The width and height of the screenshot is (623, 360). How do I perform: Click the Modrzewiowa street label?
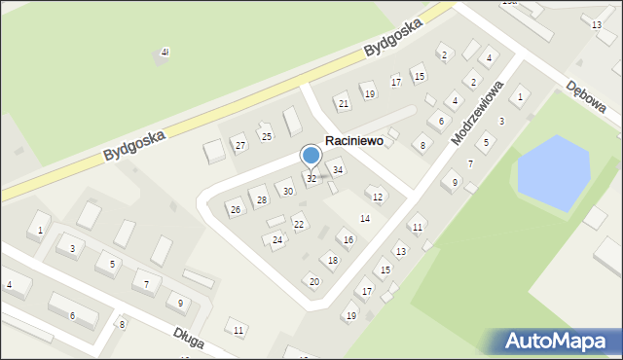coord(476,113)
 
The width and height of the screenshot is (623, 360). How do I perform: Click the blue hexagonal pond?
coord(551,171)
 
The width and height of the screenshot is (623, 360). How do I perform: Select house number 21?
coord(343,103)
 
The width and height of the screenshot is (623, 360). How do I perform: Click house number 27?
coord(240,146)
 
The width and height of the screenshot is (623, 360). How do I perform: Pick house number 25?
coord(266,136)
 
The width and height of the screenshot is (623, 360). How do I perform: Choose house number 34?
coord(338,170)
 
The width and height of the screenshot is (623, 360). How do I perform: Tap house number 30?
coord(288,192)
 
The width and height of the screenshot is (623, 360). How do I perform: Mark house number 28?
coord(261,200)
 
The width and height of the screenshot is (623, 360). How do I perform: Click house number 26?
coord(235,209)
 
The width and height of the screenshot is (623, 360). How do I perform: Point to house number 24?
coord(277,239)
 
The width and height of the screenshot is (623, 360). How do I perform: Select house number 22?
coord(299,225)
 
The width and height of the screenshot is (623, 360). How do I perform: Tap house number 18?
coord(333,260)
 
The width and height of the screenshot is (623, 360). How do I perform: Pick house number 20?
coord(313,281)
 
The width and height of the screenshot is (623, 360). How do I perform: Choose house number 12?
coord(378,197)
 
